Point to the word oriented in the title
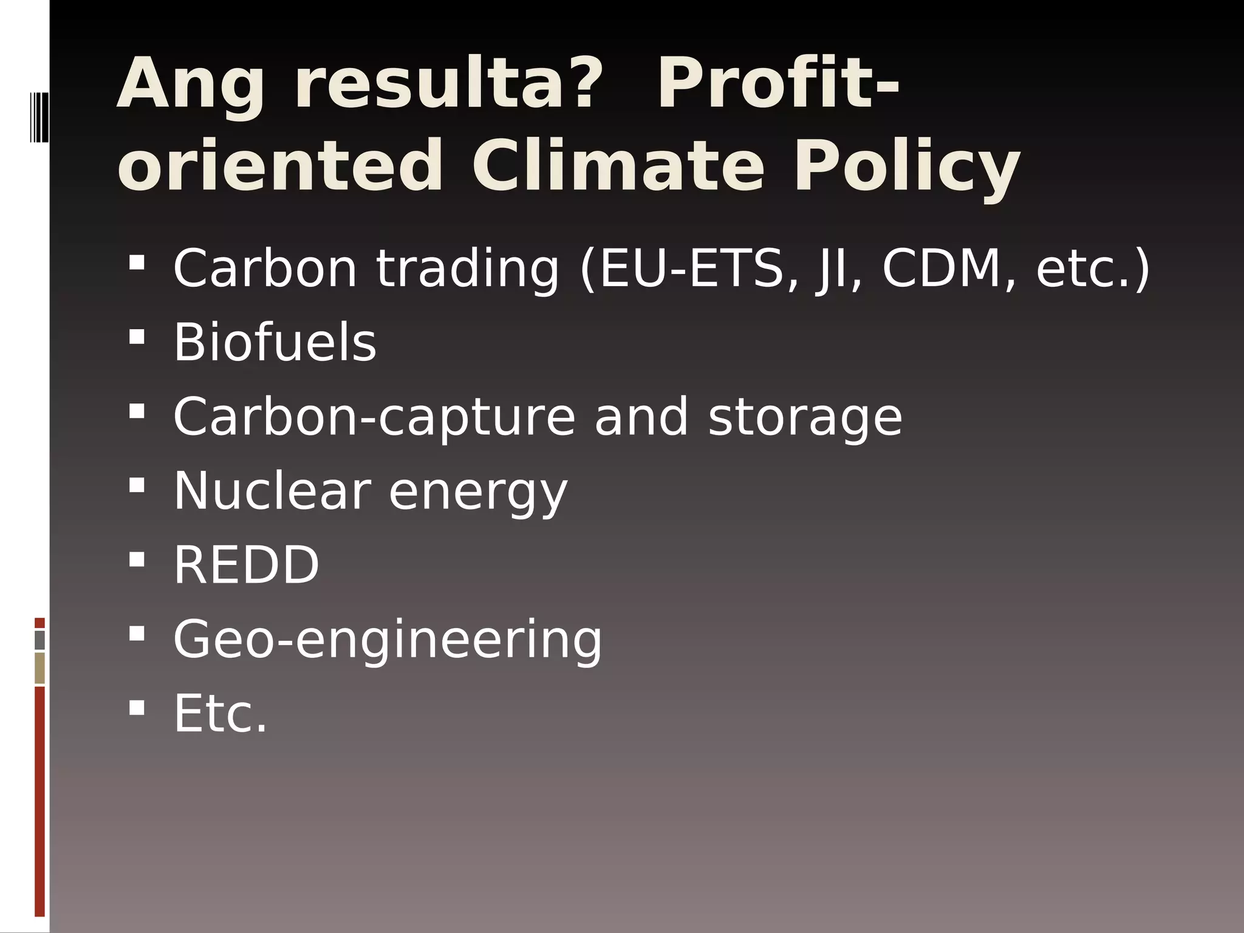point(280,166)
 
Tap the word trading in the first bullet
point(467,268)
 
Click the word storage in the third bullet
point(805,417)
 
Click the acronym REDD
point(246,565)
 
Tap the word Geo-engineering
point(388,639)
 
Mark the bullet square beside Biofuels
point(137,337)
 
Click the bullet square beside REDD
point(137,559)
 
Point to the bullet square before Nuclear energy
point(137,485)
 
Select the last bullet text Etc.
point(220,713)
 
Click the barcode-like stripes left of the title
point(39,117)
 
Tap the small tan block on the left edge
point(40,668)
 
